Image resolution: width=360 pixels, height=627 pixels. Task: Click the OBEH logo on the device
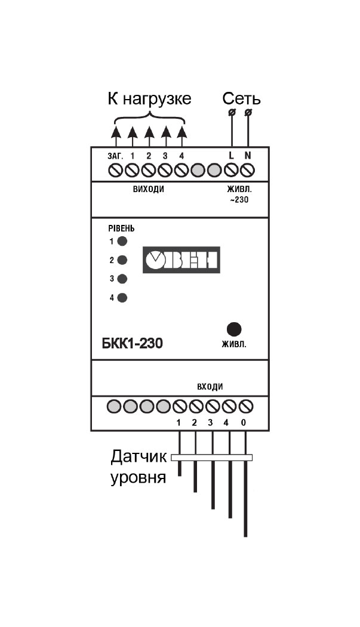181,260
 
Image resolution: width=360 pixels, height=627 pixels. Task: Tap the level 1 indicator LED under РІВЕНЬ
122,241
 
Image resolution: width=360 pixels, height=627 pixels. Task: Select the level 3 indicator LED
122,279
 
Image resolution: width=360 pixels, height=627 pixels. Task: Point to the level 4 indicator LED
122,298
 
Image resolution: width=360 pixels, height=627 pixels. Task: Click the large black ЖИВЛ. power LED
234,329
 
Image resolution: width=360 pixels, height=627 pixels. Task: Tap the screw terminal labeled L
231,171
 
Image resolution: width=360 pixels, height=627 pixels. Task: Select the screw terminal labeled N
248,171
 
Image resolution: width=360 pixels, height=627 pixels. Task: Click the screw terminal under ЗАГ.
115,171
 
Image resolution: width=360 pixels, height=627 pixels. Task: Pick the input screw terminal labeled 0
245,406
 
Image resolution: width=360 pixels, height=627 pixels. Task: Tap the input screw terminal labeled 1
180,406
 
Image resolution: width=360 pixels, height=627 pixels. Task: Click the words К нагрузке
149,99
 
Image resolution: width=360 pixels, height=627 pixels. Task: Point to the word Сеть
242,98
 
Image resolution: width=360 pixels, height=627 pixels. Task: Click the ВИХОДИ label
149,190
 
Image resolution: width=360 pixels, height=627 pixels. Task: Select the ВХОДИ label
210,387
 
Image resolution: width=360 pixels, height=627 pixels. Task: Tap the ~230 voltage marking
239,199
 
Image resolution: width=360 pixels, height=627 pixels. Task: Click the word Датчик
139,456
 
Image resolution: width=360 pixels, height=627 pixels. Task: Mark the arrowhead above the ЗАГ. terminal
115,132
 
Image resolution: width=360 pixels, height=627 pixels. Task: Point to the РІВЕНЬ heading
121,229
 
